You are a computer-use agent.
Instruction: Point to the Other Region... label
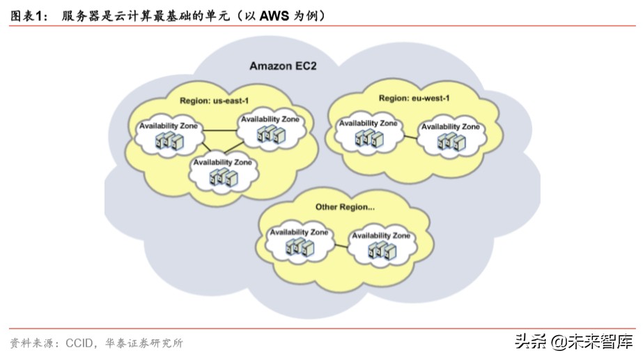[345, 207]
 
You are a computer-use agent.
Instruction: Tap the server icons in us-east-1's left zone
[169, 141]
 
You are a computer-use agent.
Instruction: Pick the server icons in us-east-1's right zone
[269, 134]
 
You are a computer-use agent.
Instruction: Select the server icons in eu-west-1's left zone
[368, 138]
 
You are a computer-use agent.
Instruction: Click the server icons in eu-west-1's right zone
[450, 141]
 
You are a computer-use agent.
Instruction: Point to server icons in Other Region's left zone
[298, 246]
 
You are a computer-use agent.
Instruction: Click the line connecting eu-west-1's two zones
[409, 136]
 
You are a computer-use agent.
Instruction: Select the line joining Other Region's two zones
[339, 245]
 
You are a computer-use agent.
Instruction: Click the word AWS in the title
[274, 15]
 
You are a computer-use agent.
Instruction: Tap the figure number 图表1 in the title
[26, 15]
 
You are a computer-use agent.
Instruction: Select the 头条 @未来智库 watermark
[573, 342]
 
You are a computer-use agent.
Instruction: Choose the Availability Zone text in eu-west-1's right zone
[450, 127]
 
